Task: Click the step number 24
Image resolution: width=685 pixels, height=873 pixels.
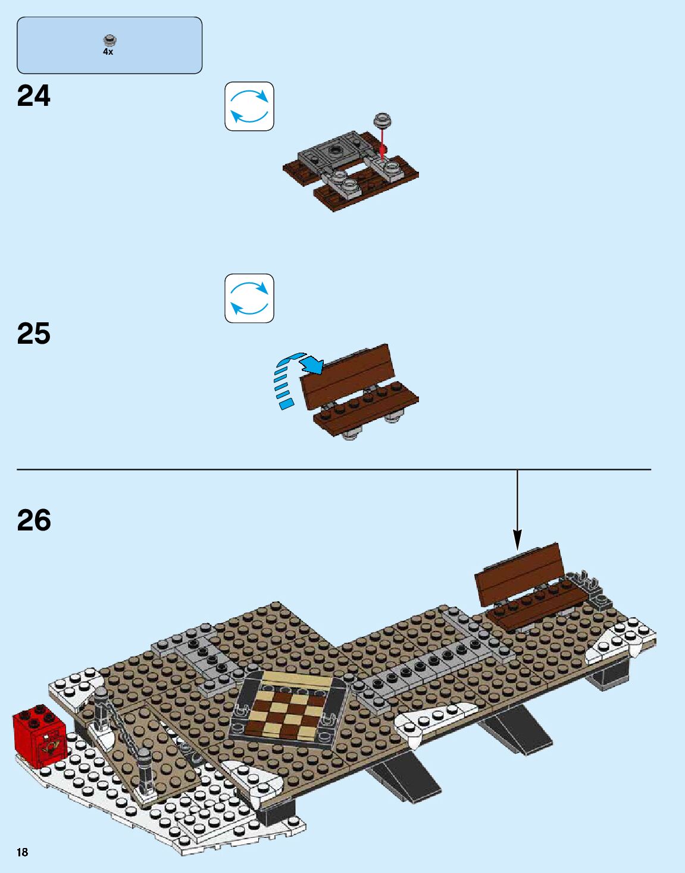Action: click(34, 96)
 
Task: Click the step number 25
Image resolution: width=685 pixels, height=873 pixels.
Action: click(34, 334)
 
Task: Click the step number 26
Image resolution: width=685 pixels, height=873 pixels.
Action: click(34, 520)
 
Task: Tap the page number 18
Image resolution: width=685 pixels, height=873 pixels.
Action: click(22, 852)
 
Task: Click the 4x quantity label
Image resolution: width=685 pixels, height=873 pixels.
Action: click(108, 52)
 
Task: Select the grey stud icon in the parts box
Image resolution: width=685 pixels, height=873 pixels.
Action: click(108, 40)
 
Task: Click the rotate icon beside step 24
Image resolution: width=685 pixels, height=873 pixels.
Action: click(249, 106)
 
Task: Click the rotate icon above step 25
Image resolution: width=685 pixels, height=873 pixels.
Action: click(249, 299)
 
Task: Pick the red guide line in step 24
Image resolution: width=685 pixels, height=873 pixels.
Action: click(383, 143)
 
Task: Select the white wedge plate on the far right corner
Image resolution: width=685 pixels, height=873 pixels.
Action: click(622, 642)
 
